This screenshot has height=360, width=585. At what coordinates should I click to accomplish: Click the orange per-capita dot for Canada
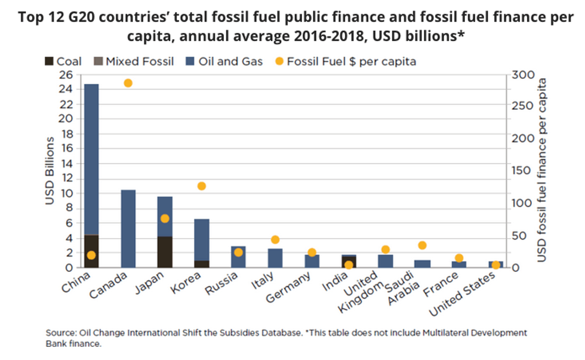(x=128, y=83)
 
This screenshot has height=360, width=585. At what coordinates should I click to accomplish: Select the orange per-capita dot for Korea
(x=202, y=186)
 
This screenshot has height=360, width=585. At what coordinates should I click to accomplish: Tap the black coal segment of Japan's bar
(x=165, y=251)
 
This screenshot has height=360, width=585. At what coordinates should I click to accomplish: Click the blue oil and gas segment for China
(x=91, y=159)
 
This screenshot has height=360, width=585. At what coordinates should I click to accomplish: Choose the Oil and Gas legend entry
(x=223, y=61)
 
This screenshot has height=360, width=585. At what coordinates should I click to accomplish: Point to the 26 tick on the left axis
(x=66, y=75)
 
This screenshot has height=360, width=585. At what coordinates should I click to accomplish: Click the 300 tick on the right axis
(x=522, y=75)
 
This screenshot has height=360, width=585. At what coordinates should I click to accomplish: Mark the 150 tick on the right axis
(x=522, y=171)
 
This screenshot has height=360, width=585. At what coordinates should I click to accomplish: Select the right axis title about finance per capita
(x=542, y=170)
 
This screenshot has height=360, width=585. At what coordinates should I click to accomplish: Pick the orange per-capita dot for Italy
(x=275, y=239)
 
